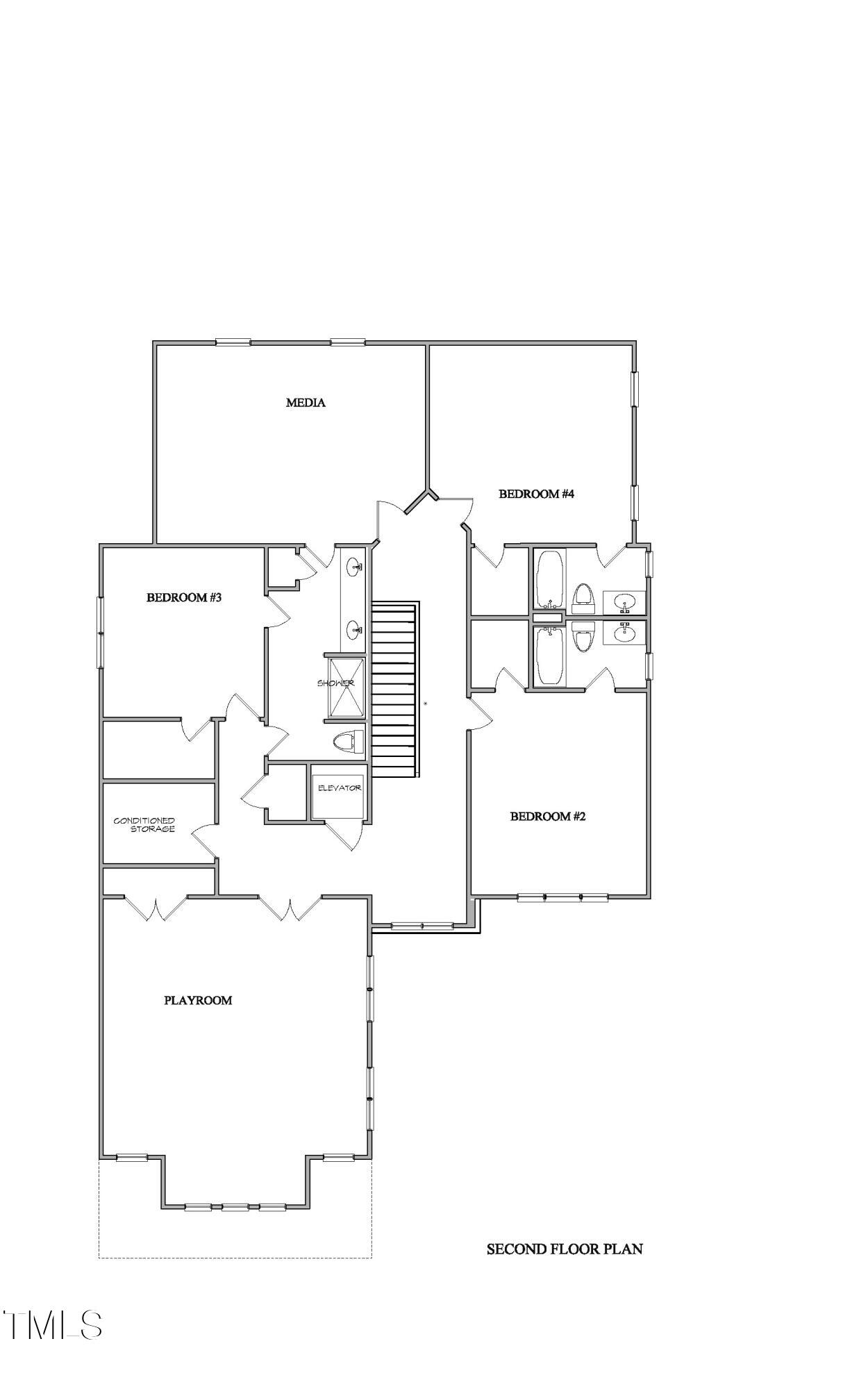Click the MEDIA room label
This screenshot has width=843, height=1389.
[306, 403]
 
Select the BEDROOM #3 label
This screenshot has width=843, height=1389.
[183, 597]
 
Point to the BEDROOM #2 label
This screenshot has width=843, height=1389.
[548, 817]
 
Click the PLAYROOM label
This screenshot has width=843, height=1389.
[198, 1001]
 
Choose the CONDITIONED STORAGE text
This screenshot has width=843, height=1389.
[145, 825]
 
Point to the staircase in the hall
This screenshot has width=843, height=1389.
[395, 690]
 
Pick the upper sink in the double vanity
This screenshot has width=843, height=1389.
[355, 567]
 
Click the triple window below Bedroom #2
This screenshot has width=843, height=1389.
[562, 897]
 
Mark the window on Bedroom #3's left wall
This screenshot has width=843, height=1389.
[101, 632]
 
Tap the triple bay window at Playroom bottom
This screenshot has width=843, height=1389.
[235, 1207]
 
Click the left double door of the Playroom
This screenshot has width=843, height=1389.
[156, 907]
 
